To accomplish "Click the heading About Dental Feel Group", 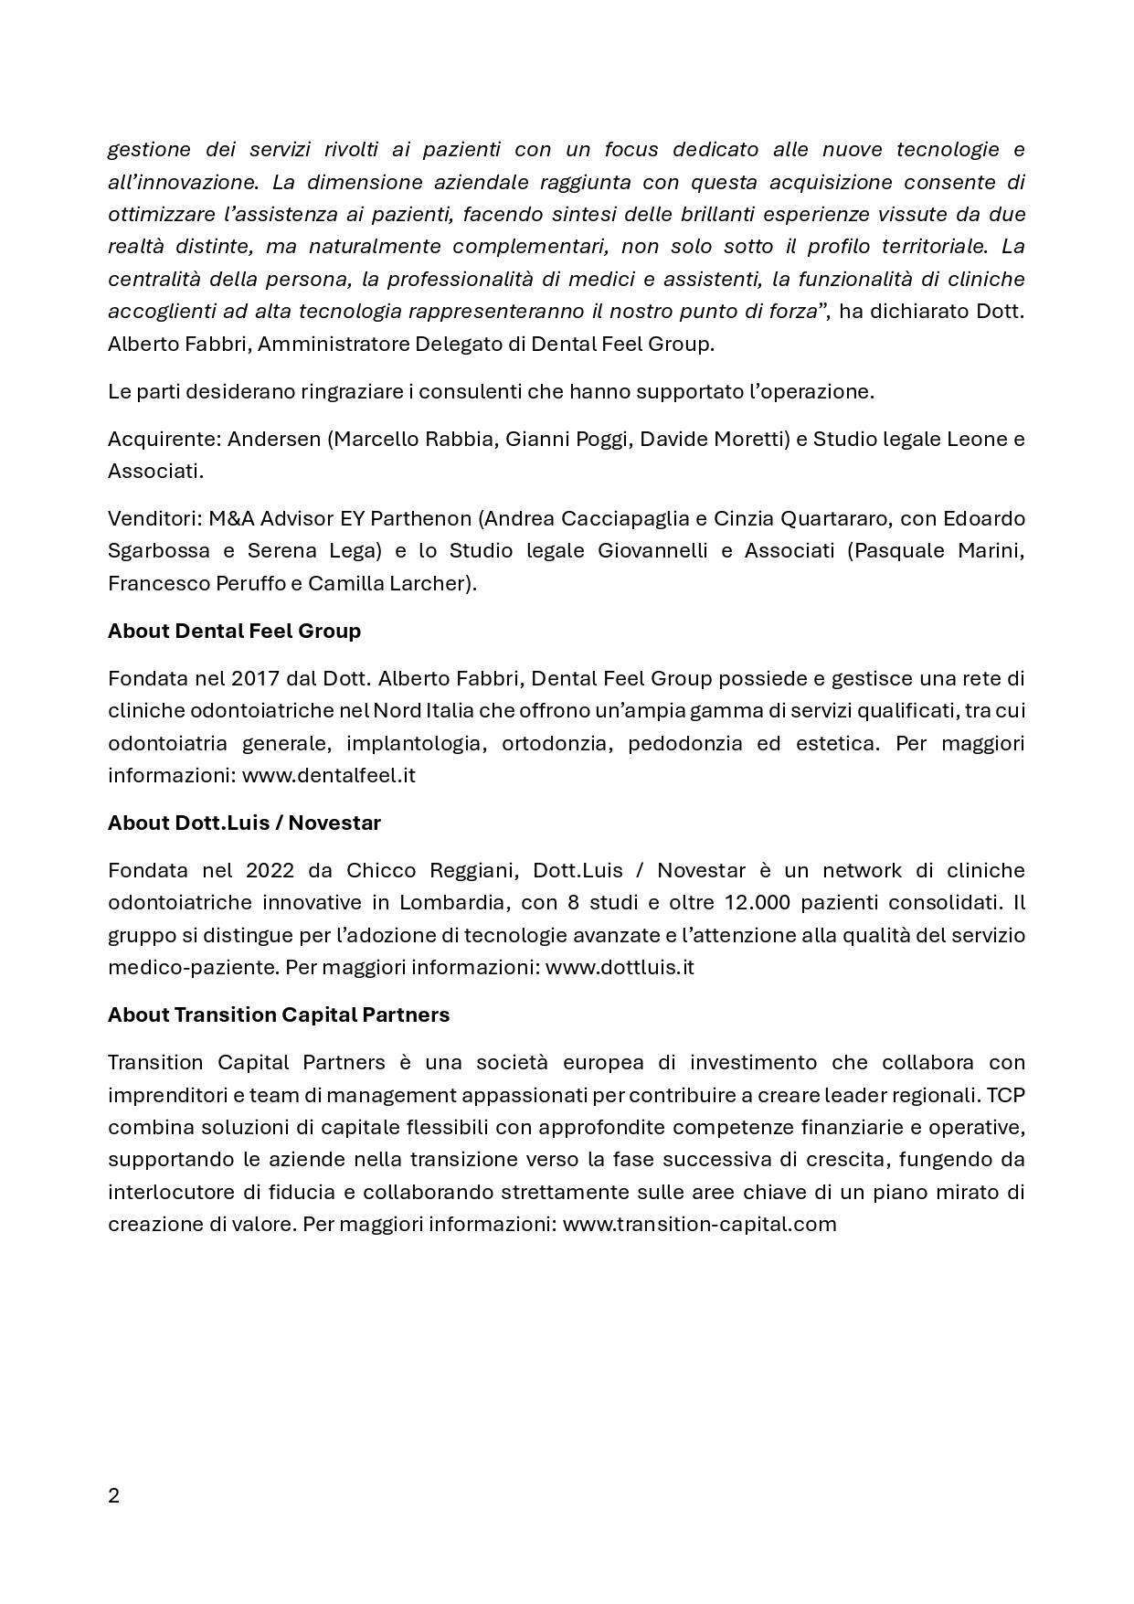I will point(234,631).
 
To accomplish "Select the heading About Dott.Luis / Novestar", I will point(244,823).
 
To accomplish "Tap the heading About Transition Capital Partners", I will point(279,1014).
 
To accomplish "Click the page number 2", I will point(113,1496).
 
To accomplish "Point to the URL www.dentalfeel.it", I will point(329,775).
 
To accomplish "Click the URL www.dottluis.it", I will point(620,967).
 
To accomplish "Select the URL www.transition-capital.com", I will point(699,1224).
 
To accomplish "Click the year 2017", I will point(255,678).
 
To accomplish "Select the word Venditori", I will point(153,518).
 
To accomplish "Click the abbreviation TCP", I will point(1005,1095).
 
